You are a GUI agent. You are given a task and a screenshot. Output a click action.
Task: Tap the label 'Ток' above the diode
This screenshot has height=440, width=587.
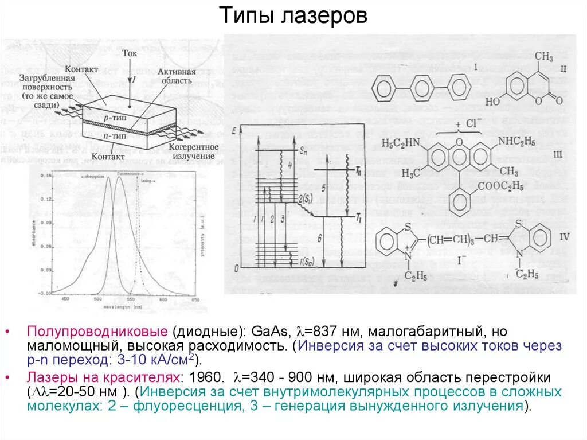(x=130, y=53)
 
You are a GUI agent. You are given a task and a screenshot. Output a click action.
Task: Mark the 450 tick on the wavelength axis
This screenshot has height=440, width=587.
(x=65, y=300)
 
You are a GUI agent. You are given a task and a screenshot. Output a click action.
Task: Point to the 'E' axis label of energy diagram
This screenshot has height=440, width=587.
(x=234, y=132)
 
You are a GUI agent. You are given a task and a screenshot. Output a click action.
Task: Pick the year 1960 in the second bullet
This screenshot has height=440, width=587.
(x=206, y=378)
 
